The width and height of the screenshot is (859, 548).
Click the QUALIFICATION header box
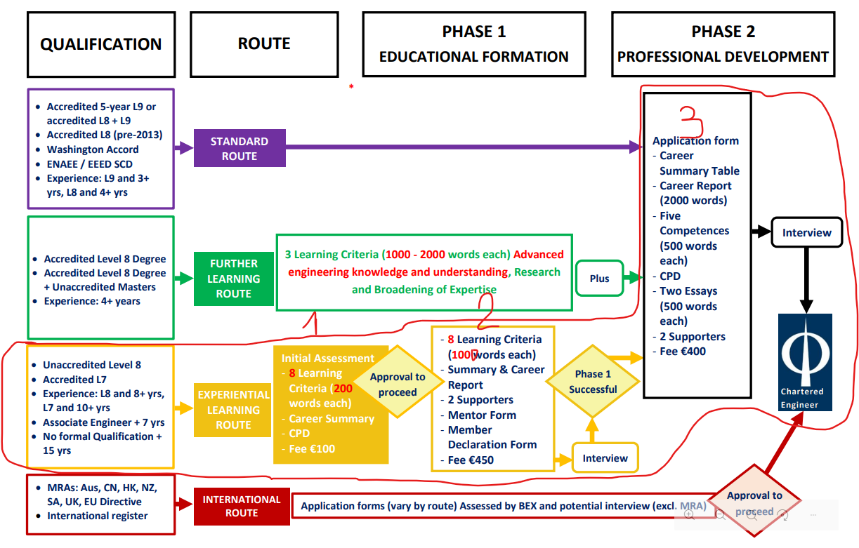(101, 44)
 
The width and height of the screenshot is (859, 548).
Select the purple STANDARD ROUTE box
(240, 148)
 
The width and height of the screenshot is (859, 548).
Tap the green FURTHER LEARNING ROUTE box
(233, 279)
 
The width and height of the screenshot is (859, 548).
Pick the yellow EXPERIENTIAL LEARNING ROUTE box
(233, 410)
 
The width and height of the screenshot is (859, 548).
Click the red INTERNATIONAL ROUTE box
(242, 506)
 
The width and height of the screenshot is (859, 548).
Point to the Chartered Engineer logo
(805, 362)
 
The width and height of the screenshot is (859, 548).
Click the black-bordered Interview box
(806, 232)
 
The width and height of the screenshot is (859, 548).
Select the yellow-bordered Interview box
(605, 458)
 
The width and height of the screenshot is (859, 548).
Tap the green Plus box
(599, 279)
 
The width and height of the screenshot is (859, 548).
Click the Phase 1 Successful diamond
(593, 382)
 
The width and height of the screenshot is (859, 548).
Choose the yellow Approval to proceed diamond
(398, 385)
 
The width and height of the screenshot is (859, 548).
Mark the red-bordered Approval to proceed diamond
(754, 502)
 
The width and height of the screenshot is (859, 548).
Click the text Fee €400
(682, 352)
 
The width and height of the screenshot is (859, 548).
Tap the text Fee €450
(471, 460)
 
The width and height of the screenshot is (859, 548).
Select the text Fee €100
(313, 448)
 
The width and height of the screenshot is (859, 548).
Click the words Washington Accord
(92, 149)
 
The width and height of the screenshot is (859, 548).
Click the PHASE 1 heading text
(473, 32)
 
